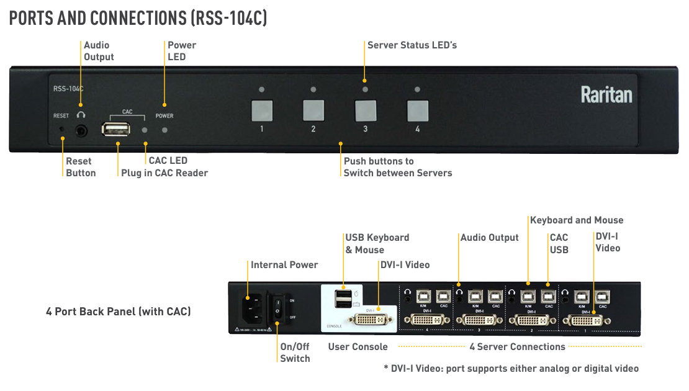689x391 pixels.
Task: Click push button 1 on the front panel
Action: (262, 110)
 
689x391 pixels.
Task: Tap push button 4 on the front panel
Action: (417, 110)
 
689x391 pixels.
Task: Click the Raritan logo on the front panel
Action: (606, 95)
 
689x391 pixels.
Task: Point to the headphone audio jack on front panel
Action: (81, 131)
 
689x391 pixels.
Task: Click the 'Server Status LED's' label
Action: (412, 45)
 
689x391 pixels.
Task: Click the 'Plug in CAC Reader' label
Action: (164, 173)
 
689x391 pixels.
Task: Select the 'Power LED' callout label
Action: (181, 51)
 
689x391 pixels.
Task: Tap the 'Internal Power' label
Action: (284, 265)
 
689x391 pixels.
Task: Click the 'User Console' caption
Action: (358, 347)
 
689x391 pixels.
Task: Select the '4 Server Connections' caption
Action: (517, 347)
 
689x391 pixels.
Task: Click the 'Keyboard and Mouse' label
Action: (576, 220)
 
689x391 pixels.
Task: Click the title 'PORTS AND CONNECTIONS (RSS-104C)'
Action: (138, 18)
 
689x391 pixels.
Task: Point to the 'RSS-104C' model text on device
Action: (68, 89)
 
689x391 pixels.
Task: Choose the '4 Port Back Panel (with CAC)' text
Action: (118, 311)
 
